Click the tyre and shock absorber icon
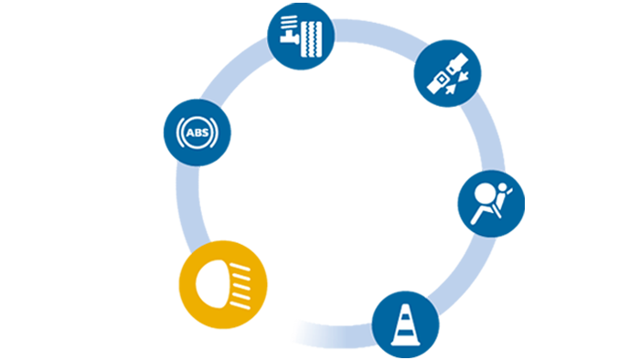click(x=301, y=35)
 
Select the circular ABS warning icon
click(x=197, y=133)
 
